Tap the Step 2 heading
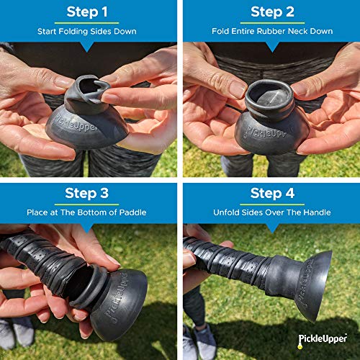(x=273, y=12)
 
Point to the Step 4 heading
(x=273, y=193)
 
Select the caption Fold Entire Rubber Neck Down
(x=273, y=31)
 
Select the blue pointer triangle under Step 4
(x=273, y=228)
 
